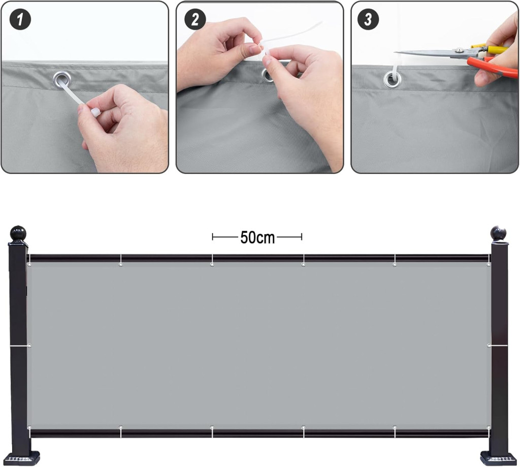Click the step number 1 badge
coord(20,19)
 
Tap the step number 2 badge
coord(195,19)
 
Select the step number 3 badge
coord(368,19)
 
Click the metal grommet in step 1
coord(62,80)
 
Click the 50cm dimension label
coord(257,238)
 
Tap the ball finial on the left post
coord(18,233)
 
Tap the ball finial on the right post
coord(499,233)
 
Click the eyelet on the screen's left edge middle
coord(29,346)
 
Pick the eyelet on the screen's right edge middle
coord(489,346)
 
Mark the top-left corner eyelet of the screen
coord(29,265)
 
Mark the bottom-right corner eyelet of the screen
coord(489,427)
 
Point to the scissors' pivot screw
coord(459,50)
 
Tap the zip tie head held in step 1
coord(95,112)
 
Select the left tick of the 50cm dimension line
coord(213,237)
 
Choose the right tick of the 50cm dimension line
coord(302,237)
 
